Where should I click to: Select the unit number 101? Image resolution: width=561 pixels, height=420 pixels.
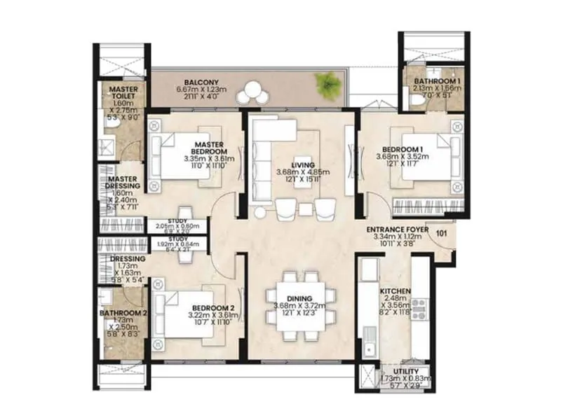click(x=441, y=233)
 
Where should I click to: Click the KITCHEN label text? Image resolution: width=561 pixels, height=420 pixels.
click(x=395, y=290)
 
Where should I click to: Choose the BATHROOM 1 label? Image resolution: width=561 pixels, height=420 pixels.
click(x=437, y=80)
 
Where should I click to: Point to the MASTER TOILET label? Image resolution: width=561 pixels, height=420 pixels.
click(x=123, y=94)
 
